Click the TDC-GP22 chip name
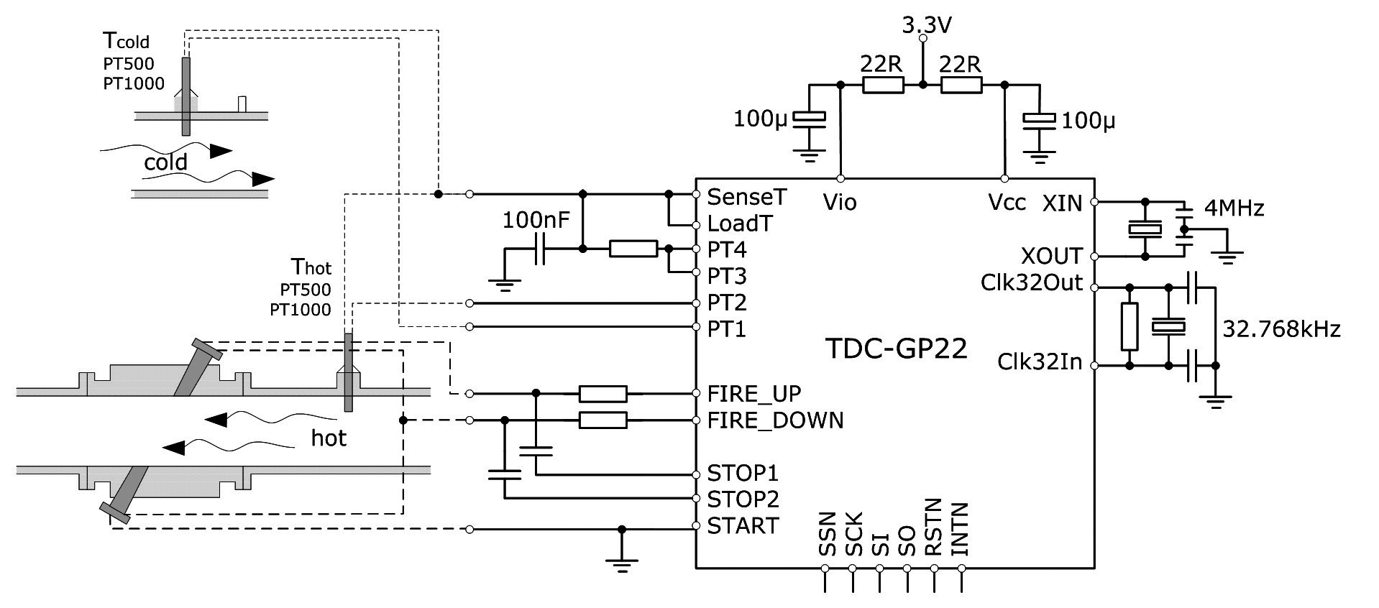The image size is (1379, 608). [896, 349]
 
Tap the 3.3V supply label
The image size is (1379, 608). [927, 25]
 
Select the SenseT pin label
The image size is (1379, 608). [747, 196]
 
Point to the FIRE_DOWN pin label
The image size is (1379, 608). [775, 420]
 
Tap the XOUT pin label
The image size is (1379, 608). [1052, 256]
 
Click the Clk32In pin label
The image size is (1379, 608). [1040, 361]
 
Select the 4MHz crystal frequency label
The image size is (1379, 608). [1234, 208]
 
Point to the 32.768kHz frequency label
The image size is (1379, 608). [1281, 329]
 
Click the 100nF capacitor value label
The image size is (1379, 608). [536, 219]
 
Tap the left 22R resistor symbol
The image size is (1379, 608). [883, 86]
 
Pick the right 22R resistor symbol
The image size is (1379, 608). [961, 86]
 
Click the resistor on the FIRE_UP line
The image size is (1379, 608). [603, 393]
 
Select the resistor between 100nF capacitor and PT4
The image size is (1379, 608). [633, 249]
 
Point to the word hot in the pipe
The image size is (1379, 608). [329, 437]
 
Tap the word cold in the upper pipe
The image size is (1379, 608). [165, 162]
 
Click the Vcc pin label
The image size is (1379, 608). [1007, 203]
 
